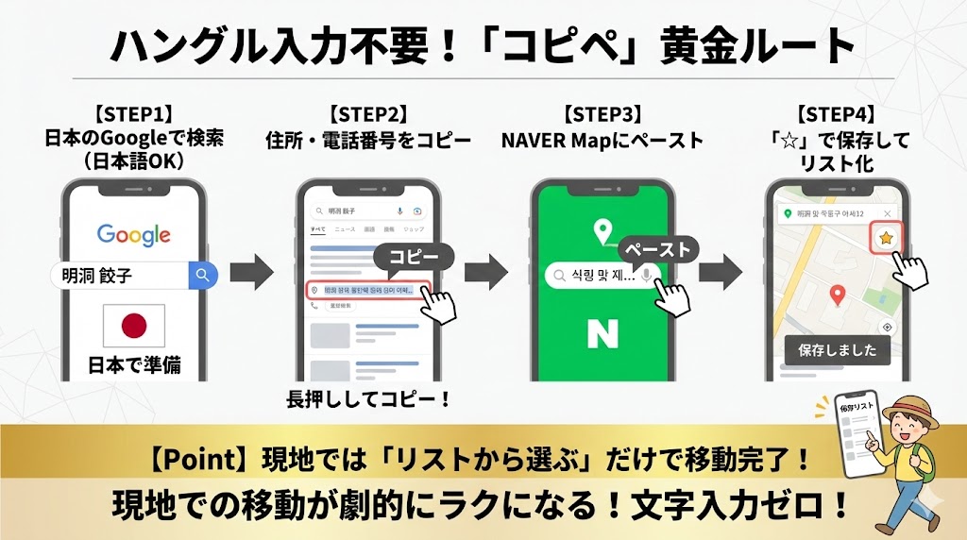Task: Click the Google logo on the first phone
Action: pos(133,234)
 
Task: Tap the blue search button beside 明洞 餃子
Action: pos(202,276)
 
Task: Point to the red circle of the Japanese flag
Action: pos(134,326)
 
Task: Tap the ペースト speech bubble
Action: pos(659,250)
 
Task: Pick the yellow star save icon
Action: pos(885,239)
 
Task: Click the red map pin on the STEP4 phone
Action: pos(836,295)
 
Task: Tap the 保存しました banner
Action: pos(837,350)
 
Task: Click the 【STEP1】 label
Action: pos(134,115)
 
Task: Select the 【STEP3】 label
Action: pos(602,115)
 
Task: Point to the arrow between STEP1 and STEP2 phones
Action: pos(251,273)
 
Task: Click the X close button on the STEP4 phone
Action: pos(886,214)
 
